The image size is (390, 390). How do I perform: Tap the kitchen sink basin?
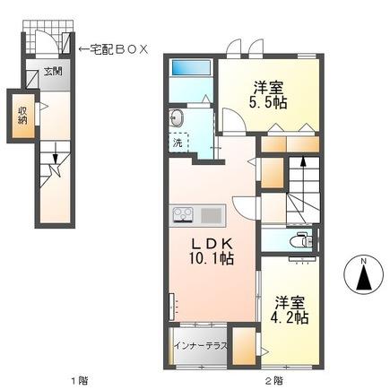pos(210,214)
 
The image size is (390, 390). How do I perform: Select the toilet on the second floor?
pos(303,239)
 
